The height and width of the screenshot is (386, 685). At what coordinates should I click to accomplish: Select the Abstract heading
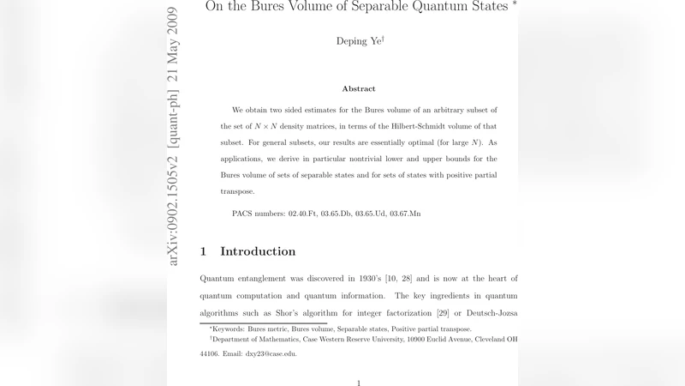(x=359, y=88)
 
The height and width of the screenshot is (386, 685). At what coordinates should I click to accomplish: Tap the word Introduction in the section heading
(x=258, y=251)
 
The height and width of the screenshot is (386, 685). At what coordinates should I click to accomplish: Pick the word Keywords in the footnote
(x=229, y=329)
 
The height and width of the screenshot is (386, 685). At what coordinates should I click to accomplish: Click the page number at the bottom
(x=359, y=383)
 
